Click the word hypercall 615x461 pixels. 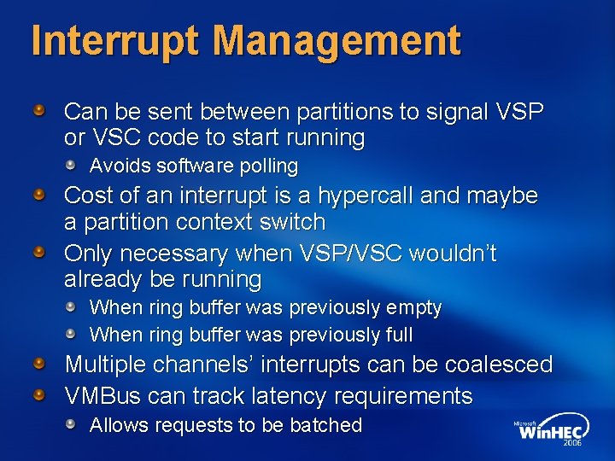pos(367,195)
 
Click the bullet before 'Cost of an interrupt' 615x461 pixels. pos(39,195)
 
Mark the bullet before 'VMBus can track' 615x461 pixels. pos(39,395)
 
